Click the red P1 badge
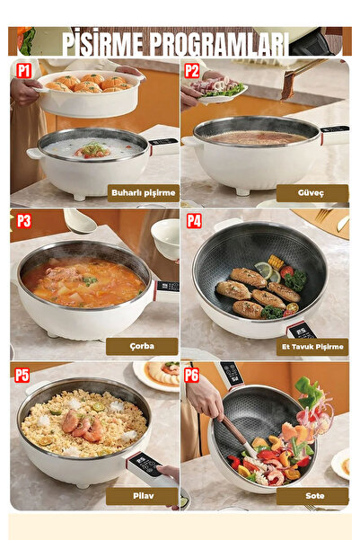[x=23, y=71]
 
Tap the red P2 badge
[x=192, y=71]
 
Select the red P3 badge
[x=23, y=221]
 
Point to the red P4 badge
[x=194, y=221]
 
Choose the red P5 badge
[x=22, y=375]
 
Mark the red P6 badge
[x=192, y=375]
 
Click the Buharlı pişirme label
[x=144, y=193]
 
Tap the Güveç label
[x=312, y=193]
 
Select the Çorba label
[x=142, y=347]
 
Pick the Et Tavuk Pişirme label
[x=312, y=347]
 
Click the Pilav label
[x=142, y=496]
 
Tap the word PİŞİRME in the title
[x=103, y=43]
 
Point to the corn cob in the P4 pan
[x=276, y=262]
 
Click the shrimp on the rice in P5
[x=83, y=426]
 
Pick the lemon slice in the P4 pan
[x=264, y=270]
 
